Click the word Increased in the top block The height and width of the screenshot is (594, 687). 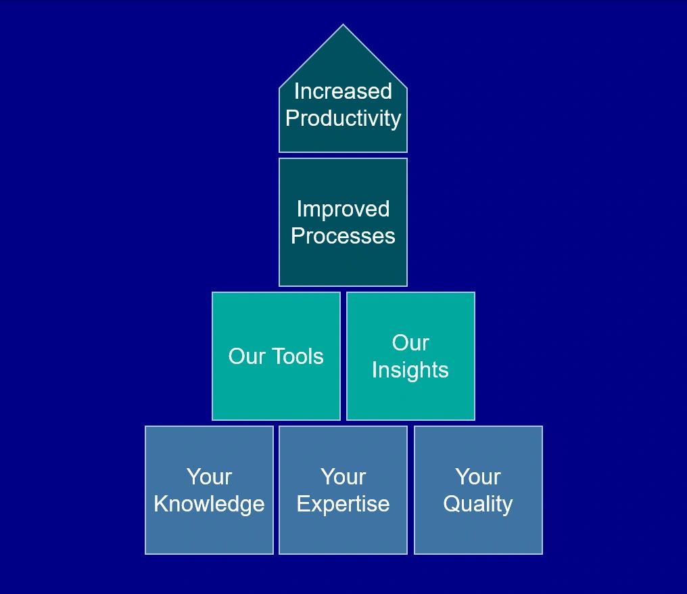(x=343, y=91)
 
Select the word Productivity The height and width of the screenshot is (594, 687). (x=343, y=119)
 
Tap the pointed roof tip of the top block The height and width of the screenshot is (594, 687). (x=343, y=24)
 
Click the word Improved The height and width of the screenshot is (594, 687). (x=343, y=208)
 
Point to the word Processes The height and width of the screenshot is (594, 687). (x=343, y=236)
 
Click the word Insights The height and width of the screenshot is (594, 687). (x=410, y=371)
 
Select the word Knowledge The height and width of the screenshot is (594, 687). (x=209, y=504)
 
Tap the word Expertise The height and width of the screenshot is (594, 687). (x=343, y=504)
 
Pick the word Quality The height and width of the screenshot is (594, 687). (x=478, y=504)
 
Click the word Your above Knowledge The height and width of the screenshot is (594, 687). (x=209, y=476)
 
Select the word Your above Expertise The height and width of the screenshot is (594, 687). (x=343, y=476)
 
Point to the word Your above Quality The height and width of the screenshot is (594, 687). (x=478, y=476)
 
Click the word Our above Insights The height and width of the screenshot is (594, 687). (x=410, y=342)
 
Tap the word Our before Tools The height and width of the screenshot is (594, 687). (x=247, y=356)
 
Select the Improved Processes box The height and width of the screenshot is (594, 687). (x=343, y=223)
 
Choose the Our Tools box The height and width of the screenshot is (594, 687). (x=276, y=356)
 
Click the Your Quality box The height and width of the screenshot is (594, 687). (x=478, y=490)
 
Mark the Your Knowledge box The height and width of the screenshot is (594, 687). (x=209, y=490)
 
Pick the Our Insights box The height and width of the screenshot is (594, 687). (x=410, y=356)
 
